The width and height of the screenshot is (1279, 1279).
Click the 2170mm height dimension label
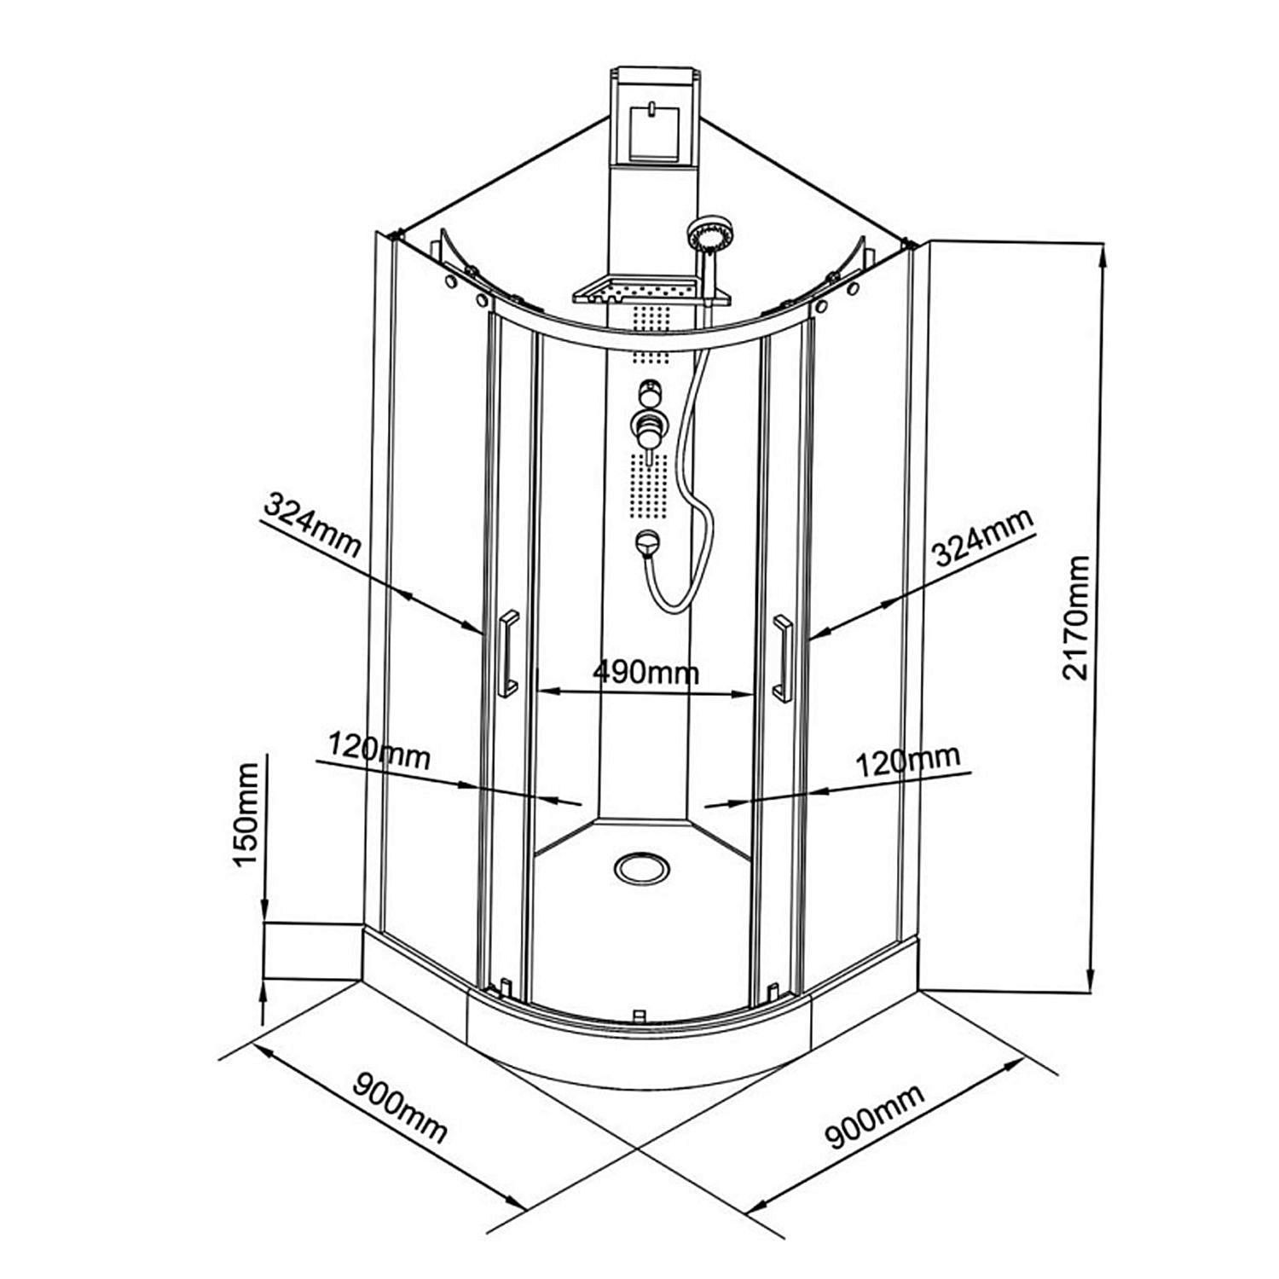1078,616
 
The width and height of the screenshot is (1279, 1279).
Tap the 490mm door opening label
645,674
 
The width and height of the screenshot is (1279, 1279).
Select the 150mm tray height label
246,815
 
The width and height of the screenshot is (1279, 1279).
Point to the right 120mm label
907,759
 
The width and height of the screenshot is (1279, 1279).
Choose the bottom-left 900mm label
400,1108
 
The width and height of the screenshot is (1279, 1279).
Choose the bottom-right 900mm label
874,1118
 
